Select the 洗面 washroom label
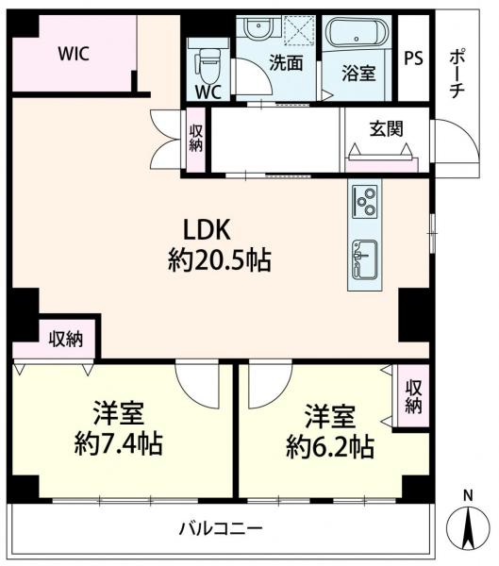click(x=285, y=64)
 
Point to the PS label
click(x=412, y=58)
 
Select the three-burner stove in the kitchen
click(x=364, y=202)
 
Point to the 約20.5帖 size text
click(x=219, y=261)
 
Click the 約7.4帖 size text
click(x=118, y=443)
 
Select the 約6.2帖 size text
click(x=329, y=445)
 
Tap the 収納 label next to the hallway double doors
click(x=196, y=139)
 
